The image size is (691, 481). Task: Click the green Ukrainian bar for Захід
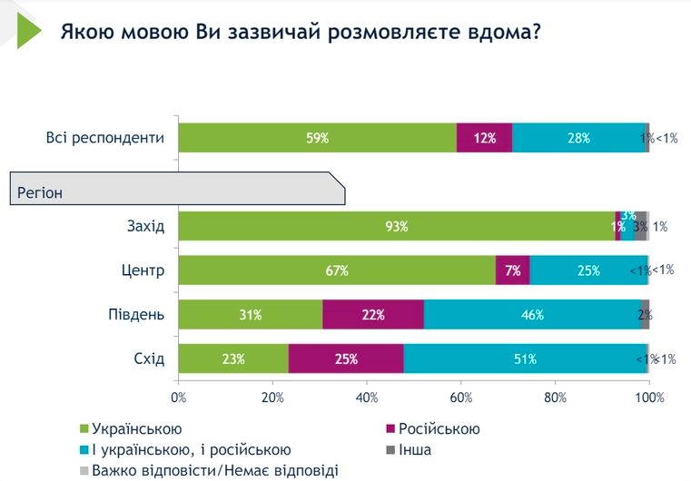pos(396,226)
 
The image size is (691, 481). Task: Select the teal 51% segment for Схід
pos(525,358)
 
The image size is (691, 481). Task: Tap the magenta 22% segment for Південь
pos(373,315)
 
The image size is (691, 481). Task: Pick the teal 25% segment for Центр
pos(588,270)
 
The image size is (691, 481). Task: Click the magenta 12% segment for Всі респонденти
pos(485,138)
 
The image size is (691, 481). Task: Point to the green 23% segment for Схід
pos(233,358)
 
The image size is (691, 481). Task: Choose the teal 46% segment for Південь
pos(532,315)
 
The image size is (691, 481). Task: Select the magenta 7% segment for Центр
pos(513,270)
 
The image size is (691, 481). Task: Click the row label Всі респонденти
pos(105,138)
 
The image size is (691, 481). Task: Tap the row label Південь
pos(136,315)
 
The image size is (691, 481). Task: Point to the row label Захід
pos(145,226)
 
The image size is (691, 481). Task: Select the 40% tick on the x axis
pos(367,397)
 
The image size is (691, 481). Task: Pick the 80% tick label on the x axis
pos(556,397)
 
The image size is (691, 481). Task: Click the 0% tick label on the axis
pos(179,397)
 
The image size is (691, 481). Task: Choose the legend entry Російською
pos(439,429)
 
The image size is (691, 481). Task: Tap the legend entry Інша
pos(413,450)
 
